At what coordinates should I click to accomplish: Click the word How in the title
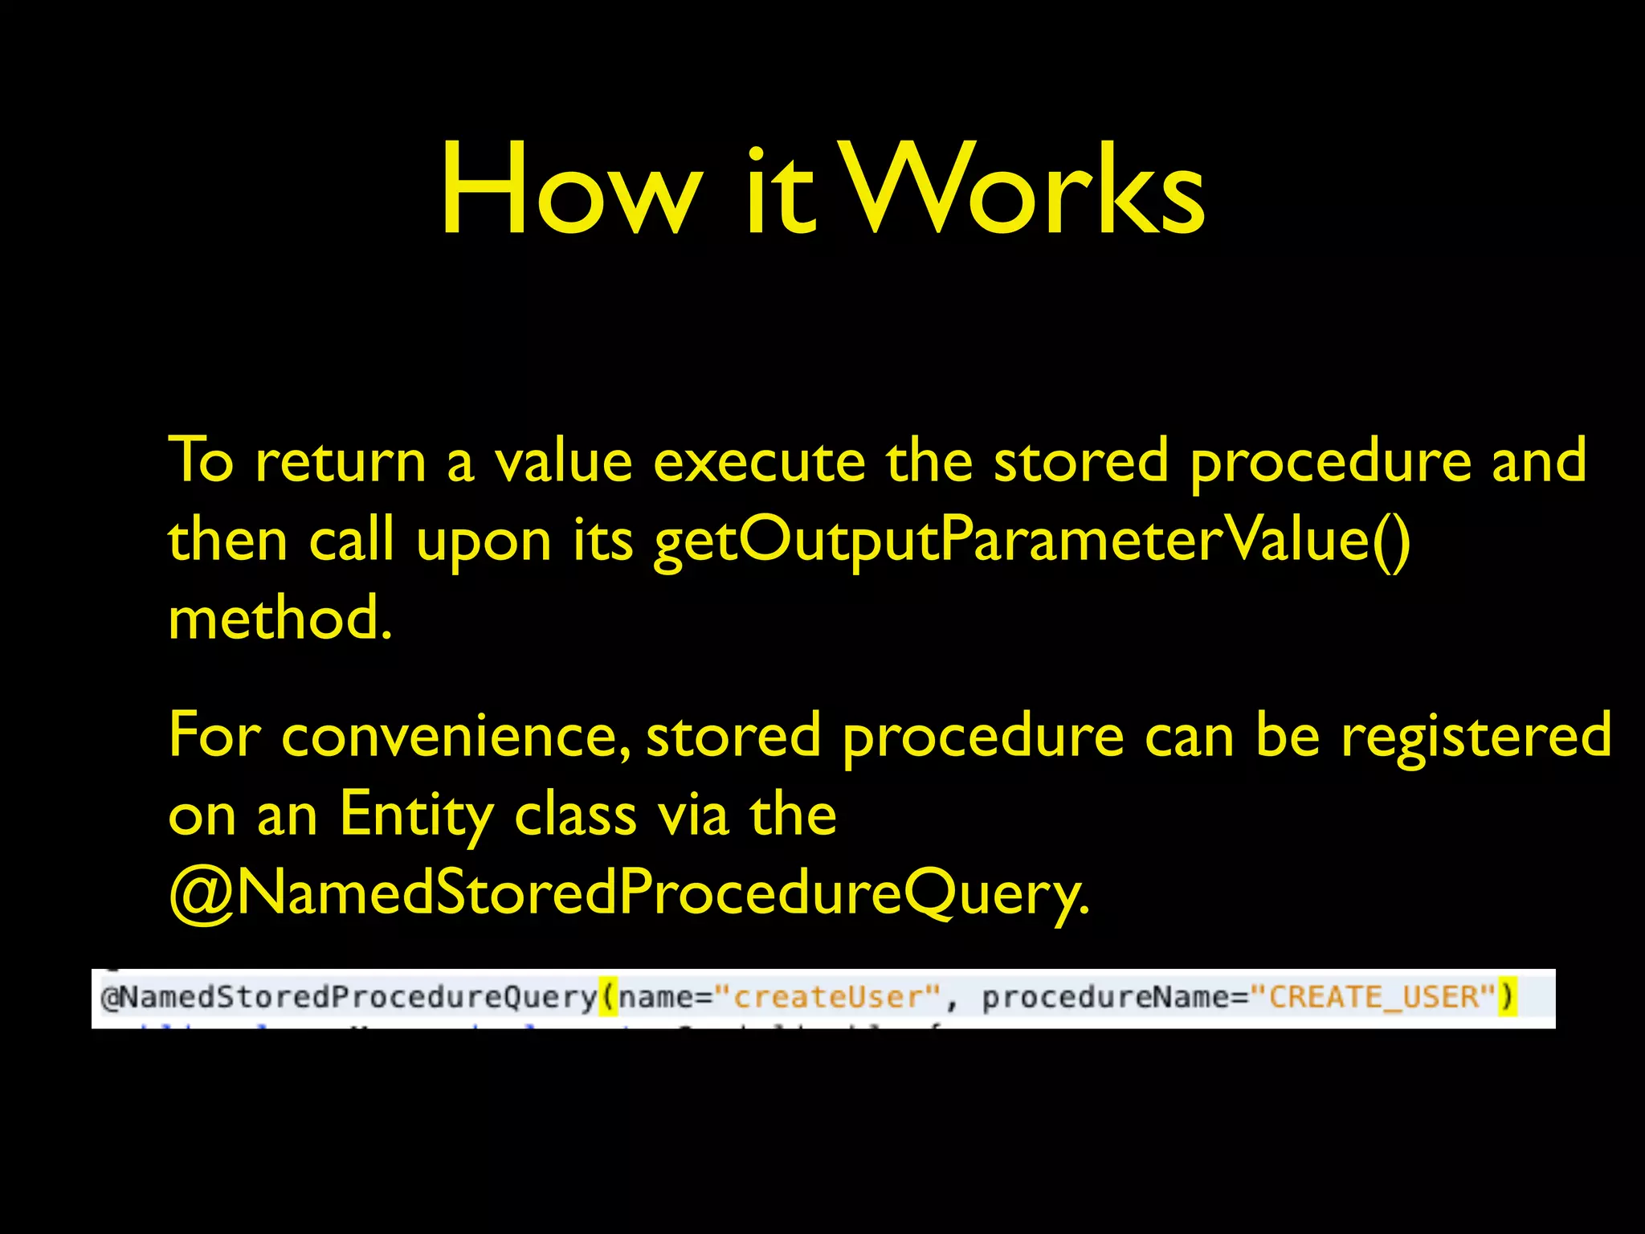[569, 191]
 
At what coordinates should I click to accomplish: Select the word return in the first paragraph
[341, 462]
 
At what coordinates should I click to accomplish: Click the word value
[563, 462]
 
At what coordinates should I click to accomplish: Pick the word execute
[759, 462]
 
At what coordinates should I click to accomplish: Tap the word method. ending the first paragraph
[280, 619]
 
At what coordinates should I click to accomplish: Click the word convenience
[455, 736]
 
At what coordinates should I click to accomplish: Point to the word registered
[1476, 736]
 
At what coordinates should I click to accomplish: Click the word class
[575, 815]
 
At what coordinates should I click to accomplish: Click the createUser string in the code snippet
[827, 997]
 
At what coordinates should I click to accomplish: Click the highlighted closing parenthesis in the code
[1507, 997]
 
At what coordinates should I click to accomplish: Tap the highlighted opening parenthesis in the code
[608, 997]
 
